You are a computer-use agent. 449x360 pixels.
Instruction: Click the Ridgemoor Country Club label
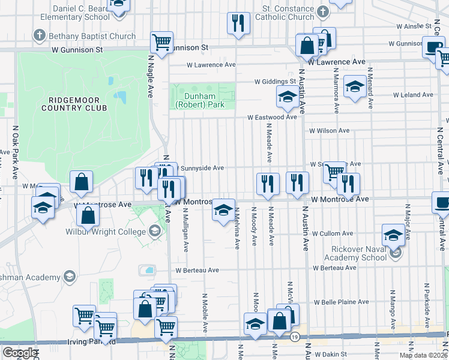[74, 103]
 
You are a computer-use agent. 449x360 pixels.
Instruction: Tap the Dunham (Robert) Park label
[194, 99]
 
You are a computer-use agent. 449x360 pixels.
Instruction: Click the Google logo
[20, 353]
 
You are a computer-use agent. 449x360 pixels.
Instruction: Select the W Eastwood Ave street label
[273, 118]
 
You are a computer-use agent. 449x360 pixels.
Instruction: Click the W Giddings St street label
[275, 81]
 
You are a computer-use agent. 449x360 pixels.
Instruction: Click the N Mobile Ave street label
[205, 312]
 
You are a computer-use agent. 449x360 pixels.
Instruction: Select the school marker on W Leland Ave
[355, 88]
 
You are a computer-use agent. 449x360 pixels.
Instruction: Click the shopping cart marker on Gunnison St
[161, 42]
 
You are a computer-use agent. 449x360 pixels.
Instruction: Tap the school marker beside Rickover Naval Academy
[393, 235]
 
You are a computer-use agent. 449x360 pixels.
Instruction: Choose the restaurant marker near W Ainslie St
[238, 23]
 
